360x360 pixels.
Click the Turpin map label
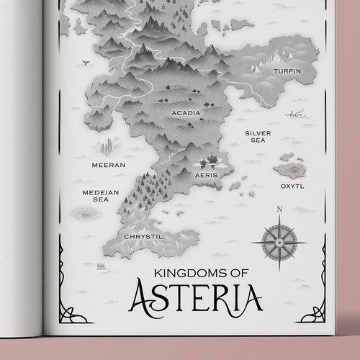coord(286,72)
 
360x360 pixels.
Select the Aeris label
coord(207,175)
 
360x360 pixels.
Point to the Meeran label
coord(109,165)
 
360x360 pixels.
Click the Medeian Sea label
coord(95,196)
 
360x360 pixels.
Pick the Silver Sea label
coord(257,137)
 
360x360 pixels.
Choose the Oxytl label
coord(292,186)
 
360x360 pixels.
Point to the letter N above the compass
coord(278,210)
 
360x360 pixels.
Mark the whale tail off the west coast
coord(86,64)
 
